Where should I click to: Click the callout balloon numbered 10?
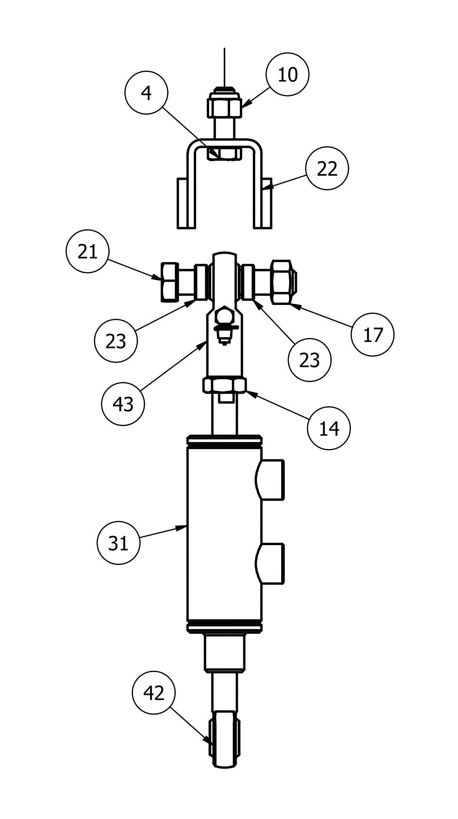(287, 74)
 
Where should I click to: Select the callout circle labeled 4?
(146, 93)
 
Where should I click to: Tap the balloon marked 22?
(327, 169)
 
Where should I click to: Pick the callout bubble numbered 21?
(87, 251)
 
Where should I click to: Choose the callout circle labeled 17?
(373, 334)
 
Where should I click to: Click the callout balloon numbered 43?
(123, 404)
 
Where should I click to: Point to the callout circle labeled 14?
(329, 428)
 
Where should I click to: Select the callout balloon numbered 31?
(118, 544)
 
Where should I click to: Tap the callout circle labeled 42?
(154, 693)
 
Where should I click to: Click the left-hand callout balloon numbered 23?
(116, 341)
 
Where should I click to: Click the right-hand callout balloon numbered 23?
(309, 360)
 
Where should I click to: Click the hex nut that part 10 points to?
(224, 107)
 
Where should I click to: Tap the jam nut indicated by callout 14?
(224, 385)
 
